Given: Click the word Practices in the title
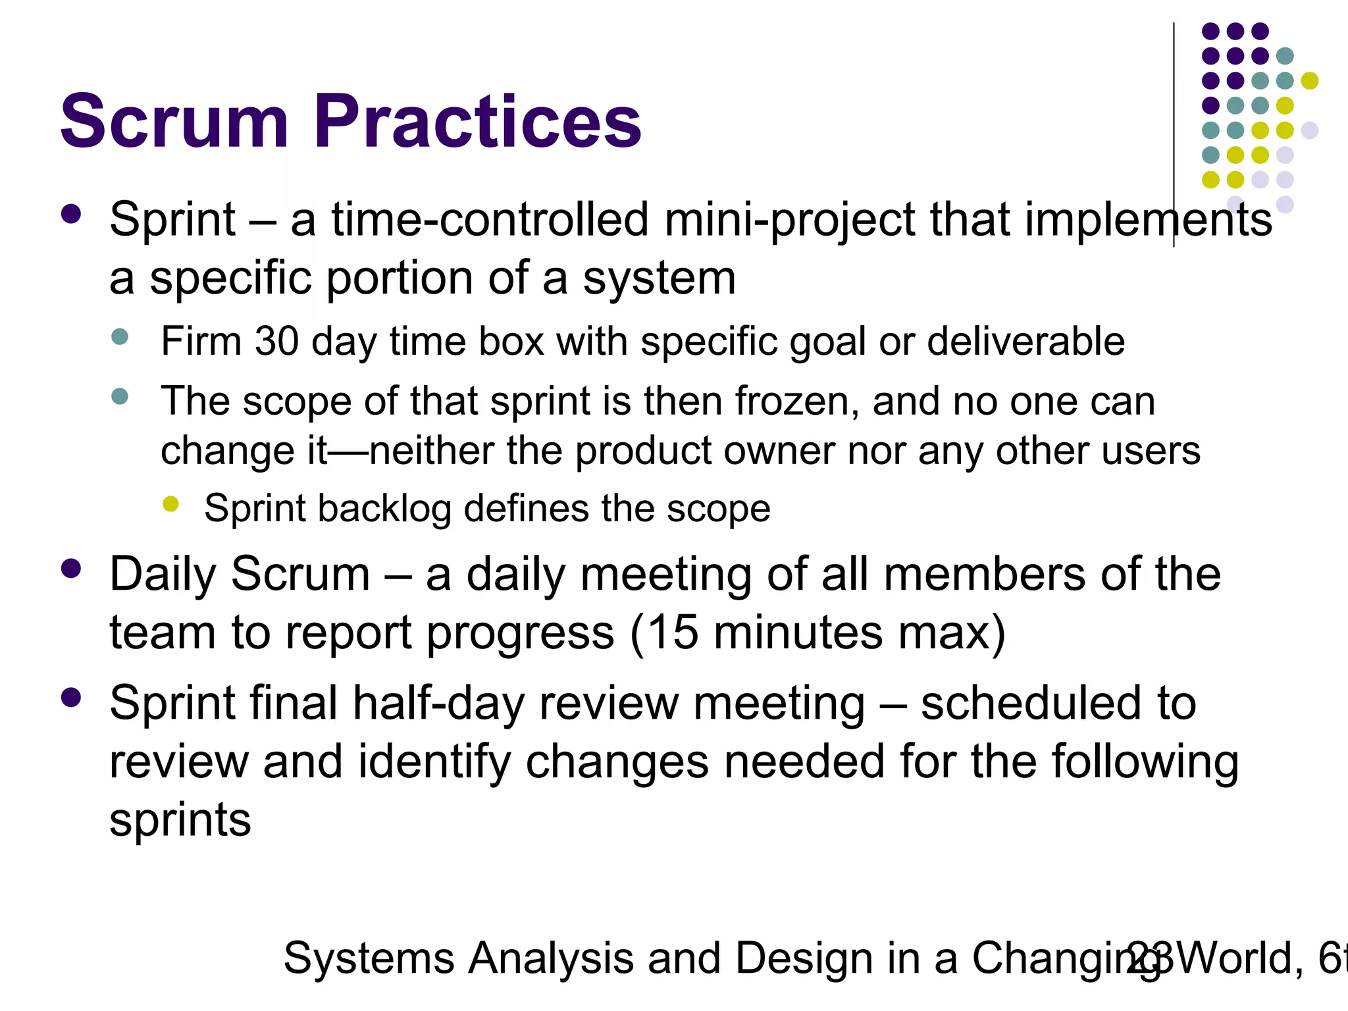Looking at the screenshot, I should click(477, 122).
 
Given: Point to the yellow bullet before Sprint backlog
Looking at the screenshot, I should click(170, 504).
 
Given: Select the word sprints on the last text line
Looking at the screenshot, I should click(180, 820).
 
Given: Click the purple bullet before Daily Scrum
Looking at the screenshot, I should click(70, 568).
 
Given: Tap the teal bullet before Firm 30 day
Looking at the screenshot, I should click(120, 337).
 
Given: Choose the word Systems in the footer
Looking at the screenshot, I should click(369, 958).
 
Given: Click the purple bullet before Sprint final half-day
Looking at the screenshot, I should click(70, 697).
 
